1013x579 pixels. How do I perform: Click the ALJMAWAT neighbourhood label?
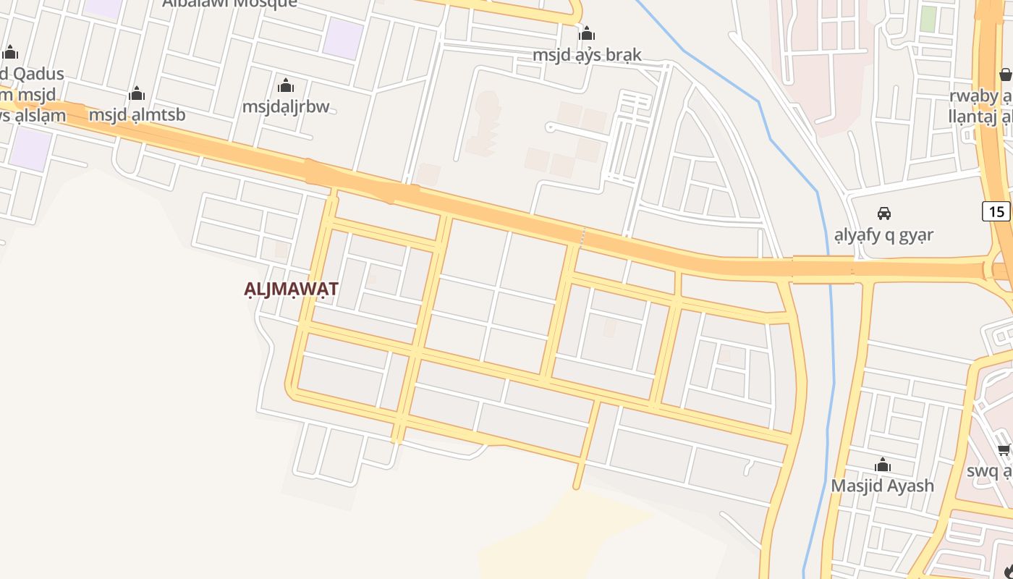292,289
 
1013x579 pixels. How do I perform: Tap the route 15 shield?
996,211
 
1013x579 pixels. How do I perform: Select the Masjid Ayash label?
882,485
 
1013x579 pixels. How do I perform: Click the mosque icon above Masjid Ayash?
882,465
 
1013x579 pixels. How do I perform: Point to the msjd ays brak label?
587,55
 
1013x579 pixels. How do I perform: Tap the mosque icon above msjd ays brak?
587,34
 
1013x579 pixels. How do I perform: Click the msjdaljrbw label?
286,106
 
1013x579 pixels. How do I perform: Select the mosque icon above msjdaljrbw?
286,86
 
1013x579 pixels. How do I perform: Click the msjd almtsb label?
137,114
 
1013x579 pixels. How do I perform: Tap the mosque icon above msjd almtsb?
137,94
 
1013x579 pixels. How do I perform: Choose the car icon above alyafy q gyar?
883,214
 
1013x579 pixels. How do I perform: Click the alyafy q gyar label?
883,234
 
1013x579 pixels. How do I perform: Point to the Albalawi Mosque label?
229,3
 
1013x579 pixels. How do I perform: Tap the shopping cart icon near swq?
1004,450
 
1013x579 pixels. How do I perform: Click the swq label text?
989,471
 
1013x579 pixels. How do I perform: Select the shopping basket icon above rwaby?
1005,75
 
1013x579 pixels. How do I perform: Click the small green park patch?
928,20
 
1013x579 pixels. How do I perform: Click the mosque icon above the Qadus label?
10,53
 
